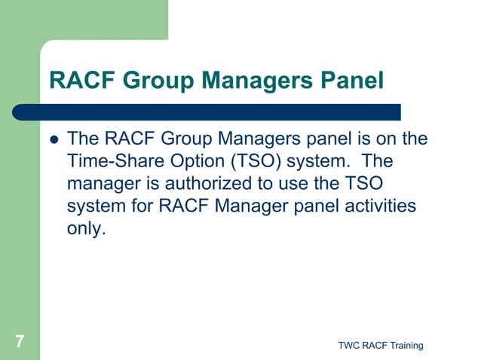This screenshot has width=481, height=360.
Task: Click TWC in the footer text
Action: coord(349,346)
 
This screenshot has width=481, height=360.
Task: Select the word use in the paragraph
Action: coord(318,185)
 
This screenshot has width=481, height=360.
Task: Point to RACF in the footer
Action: coord(373,346)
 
